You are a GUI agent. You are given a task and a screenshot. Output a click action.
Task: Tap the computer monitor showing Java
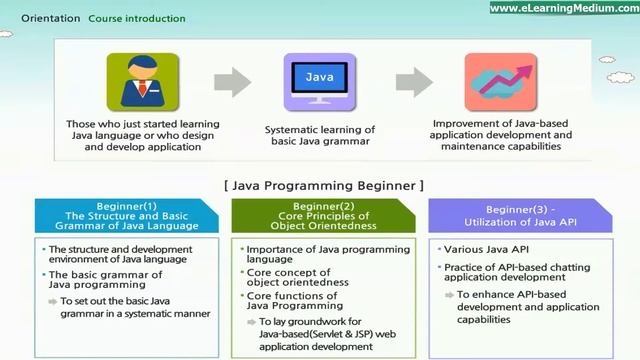pos(319,81)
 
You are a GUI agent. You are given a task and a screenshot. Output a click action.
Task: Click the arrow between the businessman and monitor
pos(232,82)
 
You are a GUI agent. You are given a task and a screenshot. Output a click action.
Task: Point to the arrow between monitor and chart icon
pos(413,82)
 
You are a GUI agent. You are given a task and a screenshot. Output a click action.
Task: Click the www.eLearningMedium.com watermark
pos(563,8)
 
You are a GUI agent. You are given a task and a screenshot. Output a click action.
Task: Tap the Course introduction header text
pos(137,18)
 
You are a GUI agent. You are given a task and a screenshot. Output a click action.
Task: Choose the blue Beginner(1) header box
pos(124,217)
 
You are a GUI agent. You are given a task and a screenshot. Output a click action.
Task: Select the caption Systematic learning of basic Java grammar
pos(319,136)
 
